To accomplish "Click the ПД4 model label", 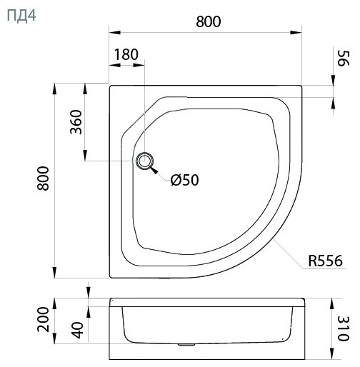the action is coord(21,16).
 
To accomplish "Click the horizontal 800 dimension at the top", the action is coord(209,21).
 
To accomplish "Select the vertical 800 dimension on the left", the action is coord(43,179).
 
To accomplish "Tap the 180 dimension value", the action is coord(126,54).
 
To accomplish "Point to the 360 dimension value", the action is coord(76,121).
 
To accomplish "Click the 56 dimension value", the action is coord(343,59).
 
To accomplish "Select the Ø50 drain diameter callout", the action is coord(185,180).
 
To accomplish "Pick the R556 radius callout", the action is coord(325,261).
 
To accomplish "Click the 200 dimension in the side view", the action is coord(43,319).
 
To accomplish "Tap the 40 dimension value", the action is coord(78,330).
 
